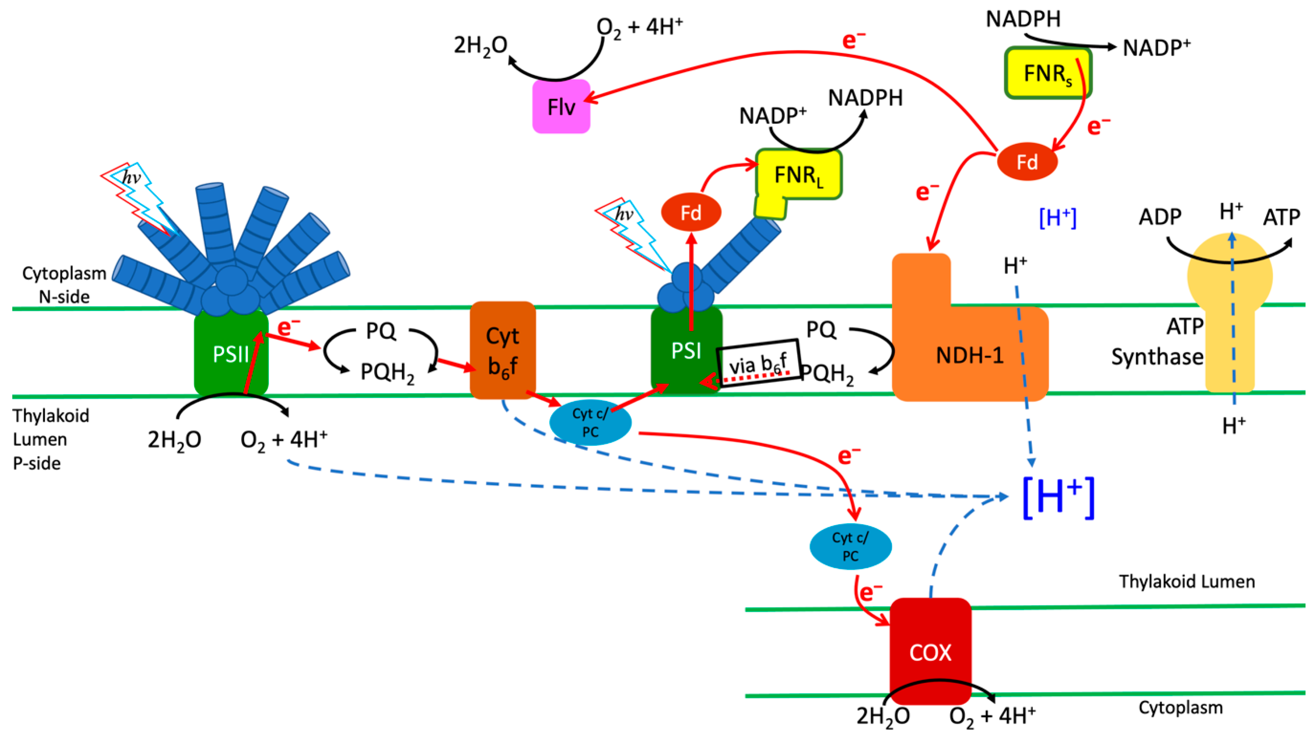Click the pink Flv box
click(x=561, y=107)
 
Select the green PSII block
click(x=231, y=352)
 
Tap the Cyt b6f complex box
click(x=503, y=350)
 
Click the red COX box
click(x=930, y=651)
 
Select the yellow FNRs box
click(x=1048, y=73)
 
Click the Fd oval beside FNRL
click(x=691, y=212)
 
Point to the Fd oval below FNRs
click(x=1027, y=162)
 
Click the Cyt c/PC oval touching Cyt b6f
click(x=590, y=422)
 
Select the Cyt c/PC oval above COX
click(x=851, y=546)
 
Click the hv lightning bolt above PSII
click(x=137, y=199)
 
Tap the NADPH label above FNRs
click(x=1023, y=19)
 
